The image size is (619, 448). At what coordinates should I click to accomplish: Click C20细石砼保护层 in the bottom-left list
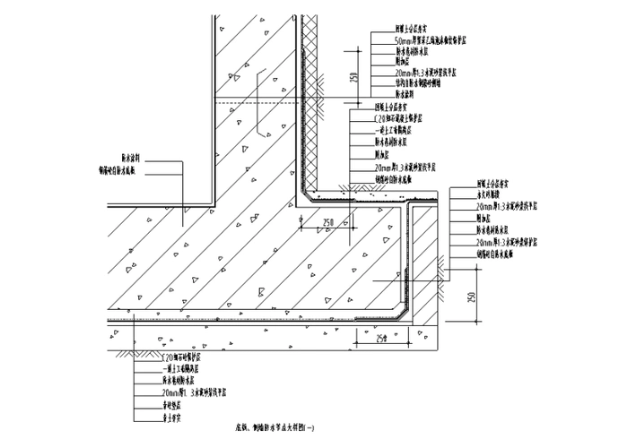coord(185,357)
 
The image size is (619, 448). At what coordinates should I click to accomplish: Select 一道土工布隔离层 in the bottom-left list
coord(185,368)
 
